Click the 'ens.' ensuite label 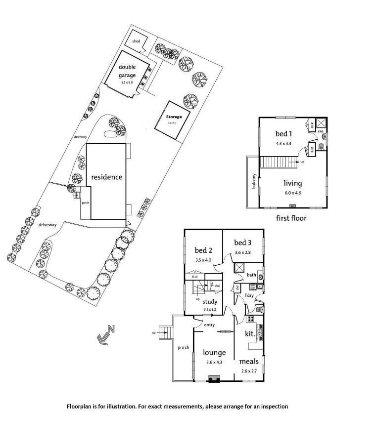[x=321, y=131]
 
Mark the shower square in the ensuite [x=321, y=123]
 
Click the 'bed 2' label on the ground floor [x=203, y=250]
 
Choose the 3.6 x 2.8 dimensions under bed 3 [x=243, y=252]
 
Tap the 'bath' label [x=251, y=275]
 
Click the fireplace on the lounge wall [x=214, y=379]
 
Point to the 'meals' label [x=249, y=362]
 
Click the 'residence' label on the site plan [x=106, y=177]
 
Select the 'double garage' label [x=127, y=72]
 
